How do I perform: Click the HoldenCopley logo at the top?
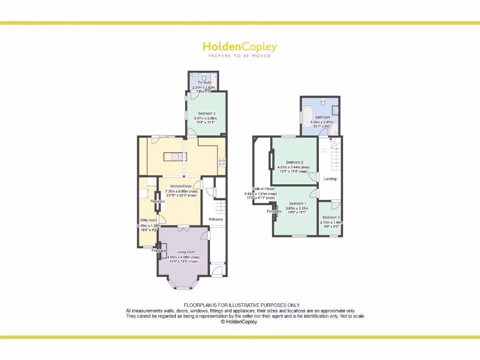click(240, 46)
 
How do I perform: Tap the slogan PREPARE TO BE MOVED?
click(240, 56)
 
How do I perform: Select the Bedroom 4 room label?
click(207, 113)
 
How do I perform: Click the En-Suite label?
click(204, 82)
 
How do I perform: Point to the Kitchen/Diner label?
click(180, 186)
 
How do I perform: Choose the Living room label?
click(186, 252)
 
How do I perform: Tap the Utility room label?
click(148, 220)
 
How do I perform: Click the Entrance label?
click(216, 219)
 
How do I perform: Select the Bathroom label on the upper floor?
click(322, 117)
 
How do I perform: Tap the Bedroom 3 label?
click(331, 217)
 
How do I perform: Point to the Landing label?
click(330, 179)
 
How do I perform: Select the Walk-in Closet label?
click(263, 189)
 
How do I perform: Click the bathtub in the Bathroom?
click(307, 114)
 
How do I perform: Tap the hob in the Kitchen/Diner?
click(221, 162)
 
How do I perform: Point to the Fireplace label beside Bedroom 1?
click(274, 211)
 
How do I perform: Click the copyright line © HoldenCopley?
click(239, 322)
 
